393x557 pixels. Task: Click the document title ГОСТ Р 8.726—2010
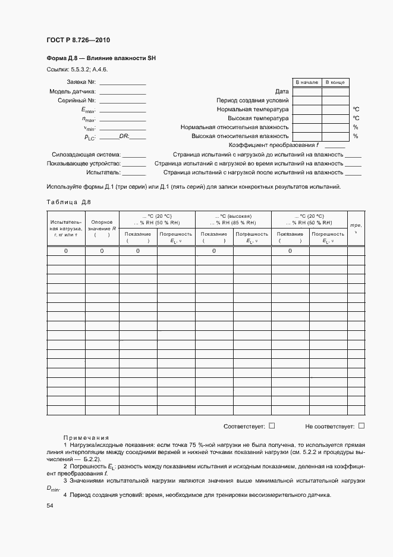point(78,40)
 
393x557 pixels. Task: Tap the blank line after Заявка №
point(122,83)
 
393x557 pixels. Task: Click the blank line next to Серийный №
point(122,101)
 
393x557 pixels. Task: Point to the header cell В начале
point(306,82)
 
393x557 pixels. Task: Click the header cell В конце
point(335,82)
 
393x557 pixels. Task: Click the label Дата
point(282,92)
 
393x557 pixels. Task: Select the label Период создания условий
point(253,101)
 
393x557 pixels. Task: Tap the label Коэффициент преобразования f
point(274,145)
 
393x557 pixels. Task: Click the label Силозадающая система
point(86,154)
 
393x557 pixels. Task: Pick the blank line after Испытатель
point(134,173)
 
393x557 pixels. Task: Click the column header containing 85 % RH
point(233,219)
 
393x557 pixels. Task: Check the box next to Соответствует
point(272,425)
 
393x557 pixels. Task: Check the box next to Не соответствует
point(361,425)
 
